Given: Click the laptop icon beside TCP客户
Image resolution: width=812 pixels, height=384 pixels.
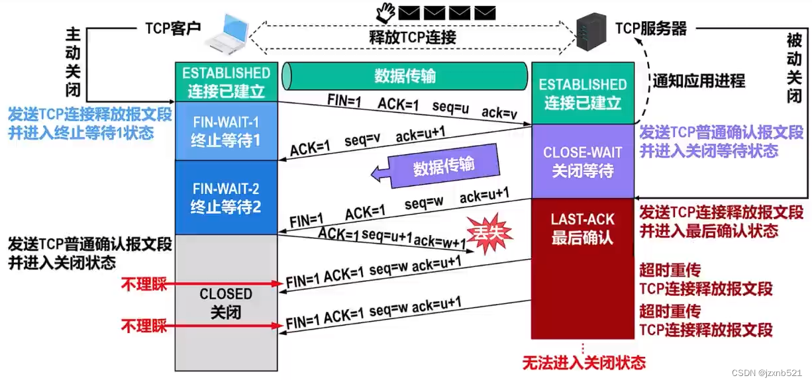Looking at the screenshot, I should pyautogui.click(x=227, y=34).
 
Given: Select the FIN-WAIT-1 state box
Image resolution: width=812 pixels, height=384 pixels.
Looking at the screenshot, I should pyautogui.click(x=226, y=130).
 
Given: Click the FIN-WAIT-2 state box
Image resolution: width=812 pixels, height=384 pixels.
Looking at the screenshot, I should pyautogui.click(x=226, y=197).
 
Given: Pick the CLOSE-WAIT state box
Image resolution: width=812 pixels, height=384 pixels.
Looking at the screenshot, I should pyautogui.click(x=583, y=161).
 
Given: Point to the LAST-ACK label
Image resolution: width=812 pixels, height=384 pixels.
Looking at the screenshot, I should pyautogui.click(x=583, y=219).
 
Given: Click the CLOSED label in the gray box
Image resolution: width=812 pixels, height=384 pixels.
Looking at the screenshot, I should pyautogui.click(x=226, y=293).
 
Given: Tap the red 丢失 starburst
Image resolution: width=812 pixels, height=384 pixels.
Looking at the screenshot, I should pyautogui.click(x=488, y=232).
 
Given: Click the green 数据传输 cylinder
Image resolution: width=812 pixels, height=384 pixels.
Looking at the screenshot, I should pyautogui.click(x=405, y=75).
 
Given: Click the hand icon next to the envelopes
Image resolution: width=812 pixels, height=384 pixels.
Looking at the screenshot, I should pyautogui.click(x=385, y=11).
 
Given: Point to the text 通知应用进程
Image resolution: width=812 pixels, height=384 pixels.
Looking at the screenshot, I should pyautogui.click(x=699, y=81).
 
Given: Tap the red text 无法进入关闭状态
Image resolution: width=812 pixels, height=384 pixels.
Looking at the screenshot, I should pyautogui.click(x=584, y=362).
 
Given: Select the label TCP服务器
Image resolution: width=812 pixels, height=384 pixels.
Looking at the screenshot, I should pyautogui.click(x=650, y=28).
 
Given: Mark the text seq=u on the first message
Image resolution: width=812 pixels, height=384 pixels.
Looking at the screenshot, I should pyautogui.click(x=450, y=107).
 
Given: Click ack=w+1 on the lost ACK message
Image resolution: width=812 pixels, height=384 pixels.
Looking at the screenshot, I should pyautogui.click(x=440, y=241).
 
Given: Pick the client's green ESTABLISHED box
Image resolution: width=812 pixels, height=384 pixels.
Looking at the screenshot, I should pyautogui.click(x=226, y=81).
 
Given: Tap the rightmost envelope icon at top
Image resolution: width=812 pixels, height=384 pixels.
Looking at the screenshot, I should pyautogui.click(x=485, y=11).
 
